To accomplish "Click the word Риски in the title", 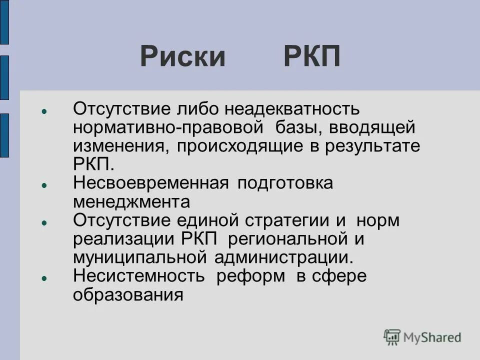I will click(x=183, y=56).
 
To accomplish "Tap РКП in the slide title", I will click(x=312, y=56).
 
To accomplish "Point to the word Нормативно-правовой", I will click(x=168, y=127).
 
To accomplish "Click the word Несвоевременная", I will click(x=150, y=183).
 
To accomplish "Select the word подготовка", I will click(x=285, y=183).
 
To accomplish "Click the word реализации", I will click(x=125, y=239).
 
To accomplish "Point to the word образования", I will click(x=128, y=295).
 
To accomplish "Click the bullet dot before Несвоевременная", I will click(x=44, y=184).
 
